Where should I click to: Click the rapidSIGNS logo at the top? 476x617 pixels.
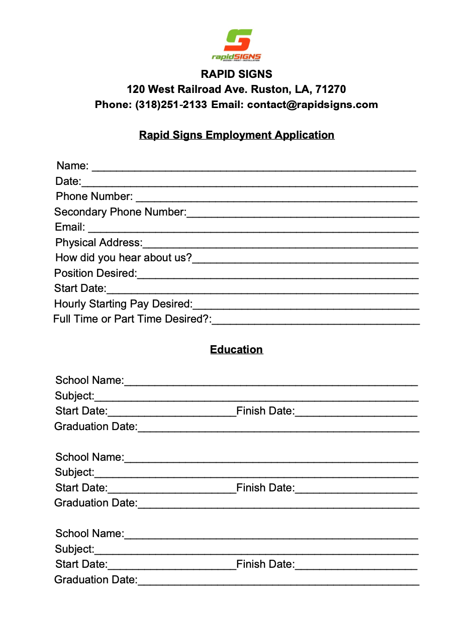237,45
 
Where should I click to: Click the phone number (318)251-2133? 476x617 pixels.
171,105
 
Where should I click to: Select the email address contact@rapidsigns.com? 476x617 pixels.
312,105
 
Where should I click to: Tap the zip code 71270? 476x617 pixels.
330,89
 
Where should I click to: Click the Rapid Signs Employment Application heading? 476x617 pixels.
236,135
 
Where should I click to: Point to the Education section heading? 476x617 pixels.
236,350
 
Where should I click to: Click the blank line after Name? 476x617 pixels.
253,167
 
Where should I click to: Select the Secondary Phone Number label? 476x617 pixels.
120,213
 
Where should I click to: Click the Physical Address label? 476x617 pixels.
99,243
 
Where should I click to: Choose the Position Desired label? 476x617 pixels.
96,274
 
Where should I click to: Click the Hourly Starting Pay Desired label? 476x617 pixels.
123,304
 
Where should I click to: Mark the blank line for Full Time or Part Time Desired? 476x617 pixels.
316,321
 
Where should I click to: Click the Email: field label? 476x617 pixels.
70,228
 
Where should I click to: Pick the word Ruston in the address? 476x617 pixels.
269,89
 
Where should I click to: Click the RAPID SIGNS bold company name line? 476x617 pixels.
236,74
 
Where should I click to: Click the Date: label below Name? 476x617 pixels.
68,181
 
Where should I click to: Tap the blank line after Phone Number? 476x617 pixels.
276,198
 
